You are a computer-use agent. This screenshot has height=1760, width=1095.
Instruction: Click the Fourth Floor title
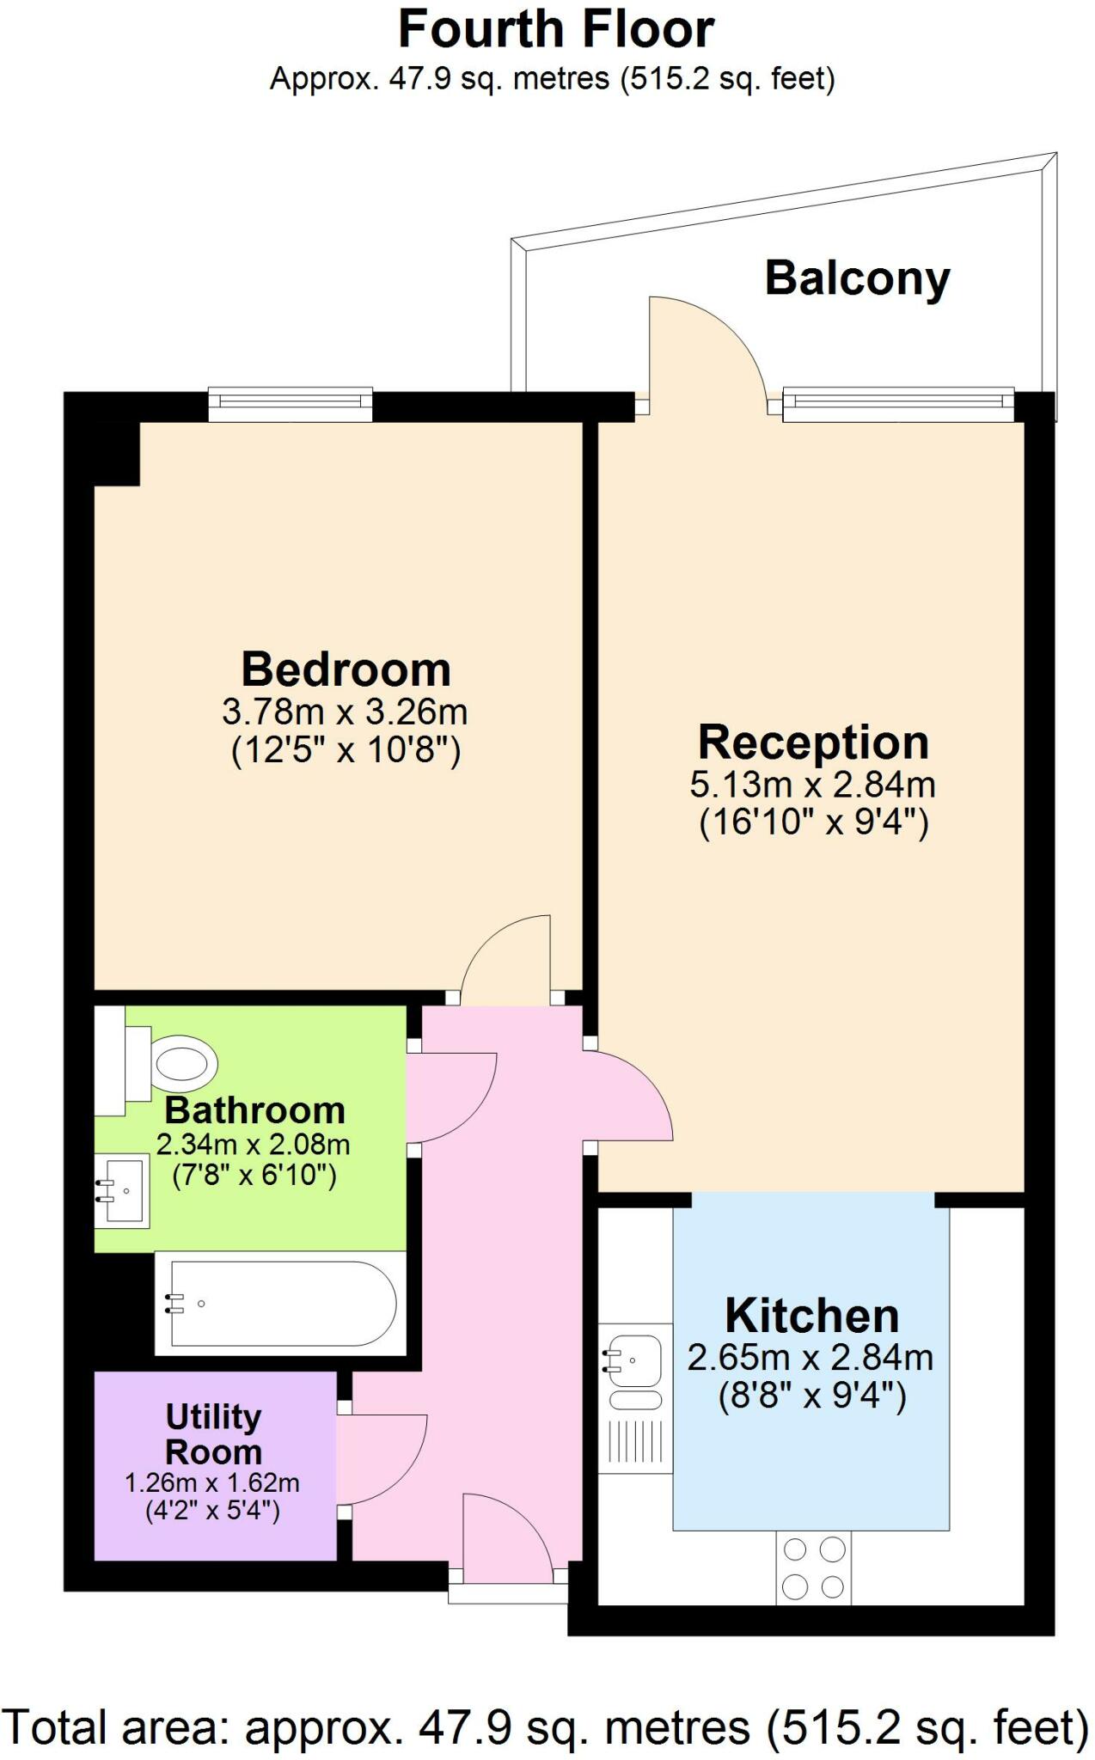(555, 30)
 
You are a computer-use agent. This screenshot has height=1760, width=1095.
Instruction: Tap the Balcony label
(857, 278)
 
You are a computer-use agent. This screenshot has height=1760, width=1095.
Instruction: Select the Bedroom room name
(346, 669)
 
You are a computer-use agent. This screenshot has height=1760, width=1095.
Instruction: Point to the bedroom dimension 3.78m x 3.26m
(346, 712)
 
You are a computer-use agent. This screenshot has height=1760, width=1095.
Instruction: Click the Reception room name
(813, 742)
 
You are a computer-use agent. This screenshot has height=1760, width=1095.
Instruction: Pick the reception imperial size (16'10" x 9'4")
(813, 822)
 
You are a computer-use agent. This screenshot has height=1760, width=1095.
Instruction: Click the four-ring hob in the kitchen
(813, 1567)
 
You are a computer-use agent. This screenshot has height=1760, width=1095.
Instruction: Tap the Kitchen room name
(811, 1316)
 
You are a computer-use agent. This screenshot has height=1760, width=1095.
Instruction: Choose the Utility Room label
(213, 1433)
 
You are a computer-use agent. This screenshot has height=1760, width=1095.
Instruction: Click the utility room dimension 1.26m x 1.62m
(212, 1483)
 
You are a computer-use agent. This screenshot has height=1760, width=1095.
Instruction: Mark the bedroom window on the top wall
(291, 404)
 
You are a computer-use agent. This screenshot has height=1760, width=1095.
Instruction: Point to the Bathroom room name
(254, 1110)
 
